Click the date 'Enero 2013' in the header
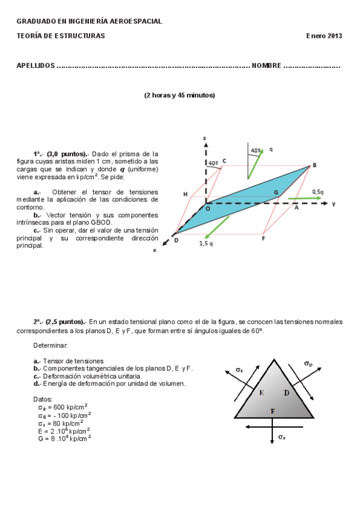pos(324,36)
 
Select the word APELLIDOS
pos(35,66)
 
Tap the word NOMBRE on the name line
pos(266,66)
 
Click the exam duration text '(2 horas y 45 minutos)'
pos(179,95)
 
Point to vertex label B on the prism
pos(314,165)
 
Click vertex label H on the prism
pos(185,194)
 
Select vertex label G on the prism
pos(276,192)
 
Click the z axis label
pos(206,138)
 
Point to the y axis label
pos(334,204)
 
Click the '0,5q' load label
pos(317,192)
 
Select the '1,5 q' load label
pos(207,244)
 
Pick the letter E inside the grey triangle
pos(261,392)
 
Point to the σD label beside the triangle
pos(308,364)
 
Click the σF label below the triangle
pos(281,437)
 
